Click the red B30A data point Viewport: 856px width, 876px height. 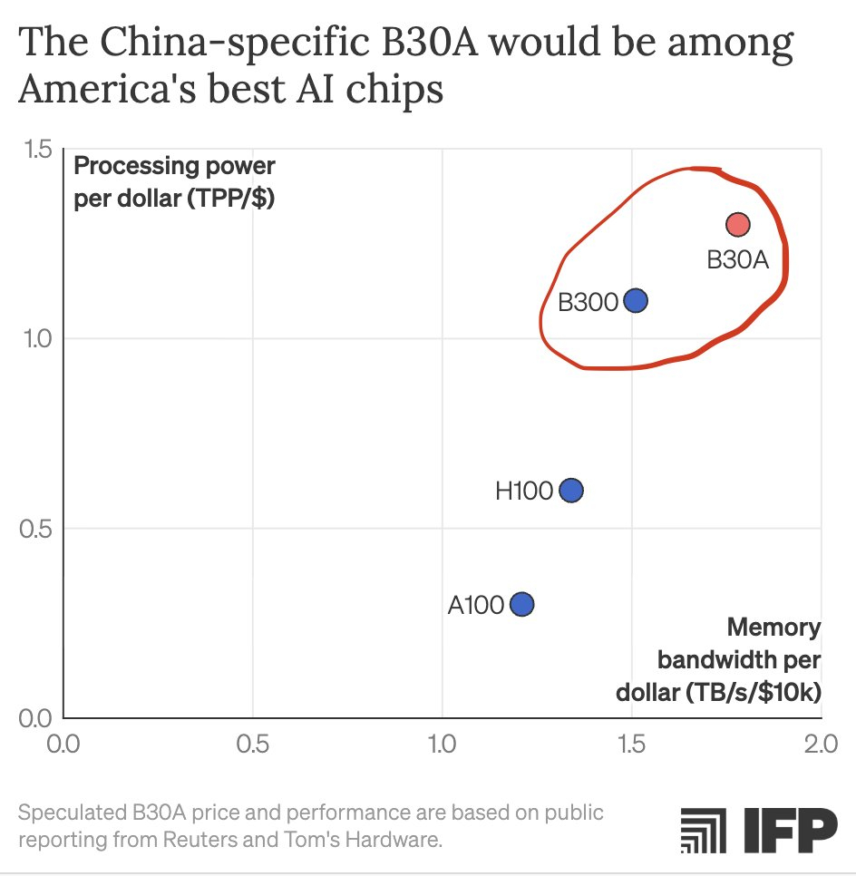click(x=737, y=224)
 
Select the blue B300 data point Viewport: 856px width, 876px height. click(x=636, y=300)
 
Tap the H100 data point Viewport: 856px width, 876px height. click(x=570, y=491)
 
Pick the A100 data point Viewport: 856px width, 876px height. click(x=521, y=604)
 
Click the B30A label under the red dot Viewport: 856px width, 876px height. click(x=737, y=261)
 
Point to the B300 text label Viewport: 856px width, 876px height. click(x=588, y=302)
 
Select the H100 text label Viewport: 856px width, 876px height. click(x=524, y=492)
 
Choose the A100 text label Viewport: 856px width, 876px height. click(x=476, y=605)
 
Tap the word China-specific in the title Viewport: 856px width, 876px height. click(x=187, y=44)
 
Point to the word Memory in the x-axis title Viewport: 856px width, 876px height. click(x=773, y=628)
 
